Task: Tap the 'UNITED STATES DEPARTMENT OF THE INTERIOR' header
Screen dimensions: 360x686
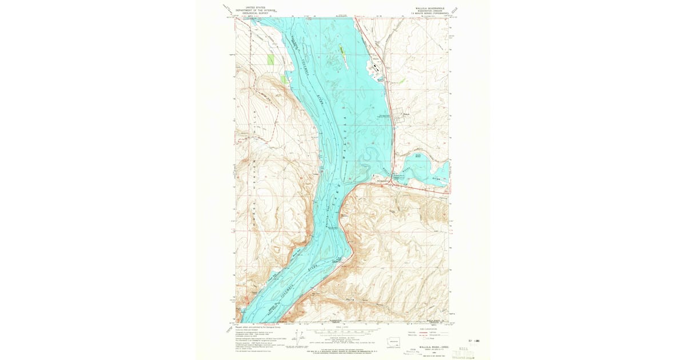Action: [256, 9]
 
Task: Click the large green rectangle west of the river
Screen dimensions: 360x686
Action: [270, 59]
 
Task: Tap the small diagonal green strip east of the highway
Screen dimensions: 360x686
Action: [402, 81]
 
